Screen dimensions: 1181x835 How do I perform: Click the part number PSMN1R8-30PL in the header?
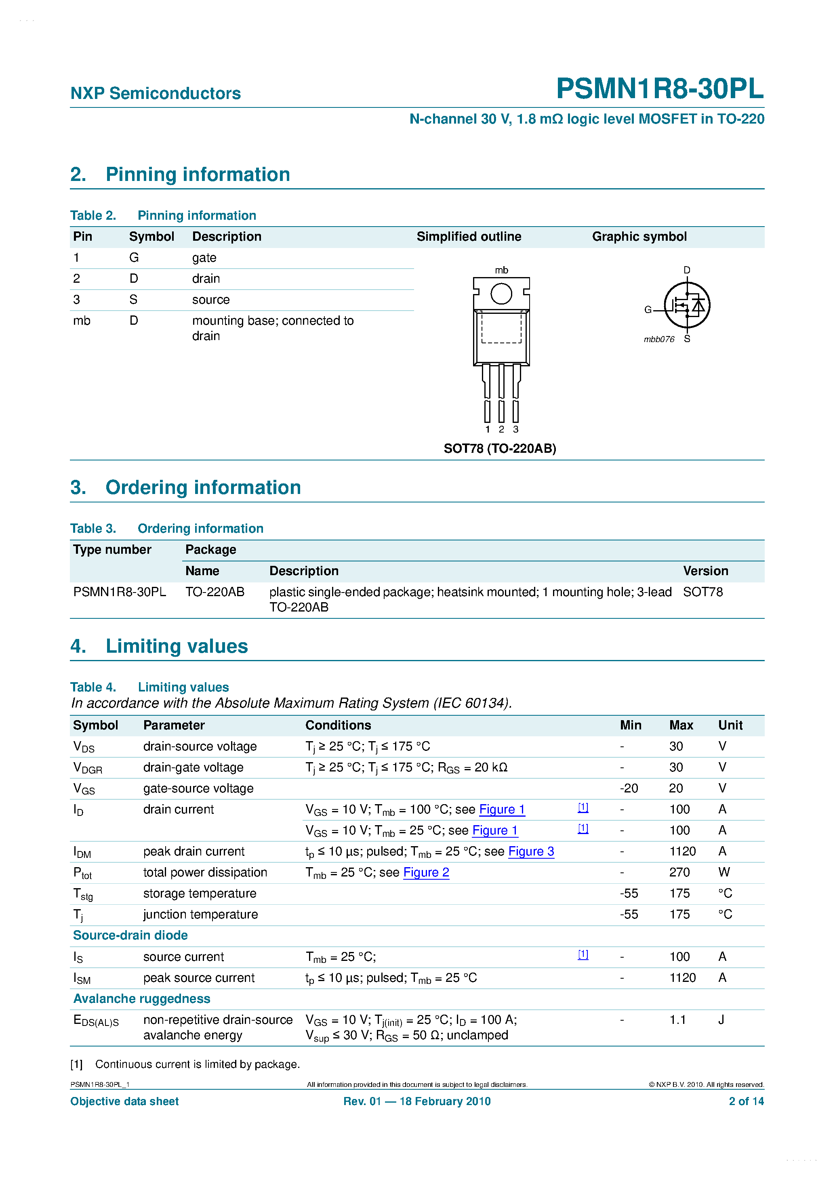(660, 88)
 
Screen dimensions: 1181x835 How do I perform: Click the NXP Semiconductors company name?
(156, 94)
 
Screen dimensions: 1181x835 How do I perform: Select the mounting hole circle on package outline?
(501, 294)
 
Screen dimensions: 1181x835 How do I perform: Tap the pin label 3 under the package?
(515, 429)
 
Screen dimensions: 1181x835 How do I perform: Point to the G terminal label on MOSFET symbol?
(648, 310)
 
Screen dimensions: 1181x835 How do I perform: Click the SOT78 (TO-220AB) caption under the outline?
(500, 449)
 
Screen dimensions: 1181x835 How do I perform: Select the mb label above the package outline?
(501, 270)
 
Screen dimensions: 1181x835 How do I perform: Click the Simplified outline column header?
(469, 237)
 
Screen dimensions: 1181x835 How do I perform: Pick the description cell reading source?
(211, 300)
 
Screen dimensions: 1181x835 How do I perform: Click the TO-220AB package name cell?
(215, 592)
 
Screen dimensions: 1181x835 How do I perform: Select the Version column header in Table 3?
(705, 571)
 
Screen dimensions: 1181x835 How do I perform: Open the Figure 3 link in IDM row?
(531, 851)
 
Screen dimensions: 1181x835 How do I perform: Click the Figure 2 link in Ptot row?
(426, 872)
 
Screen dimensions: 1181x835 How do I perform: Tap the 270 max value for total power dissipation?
(679, 872)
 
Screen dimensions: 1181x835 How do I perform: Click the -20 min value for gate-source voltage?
(629, 788)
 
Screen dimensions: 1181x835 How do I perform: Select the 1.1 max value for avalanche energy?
(677, 1020)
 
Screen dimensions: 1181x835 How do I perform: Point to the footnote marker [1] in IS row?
(583, 955)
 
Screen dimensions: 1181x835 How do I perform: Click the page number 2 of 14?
(746, 1101)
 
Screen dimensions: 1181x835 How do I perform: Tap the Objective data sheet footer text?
(124, 1101)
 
